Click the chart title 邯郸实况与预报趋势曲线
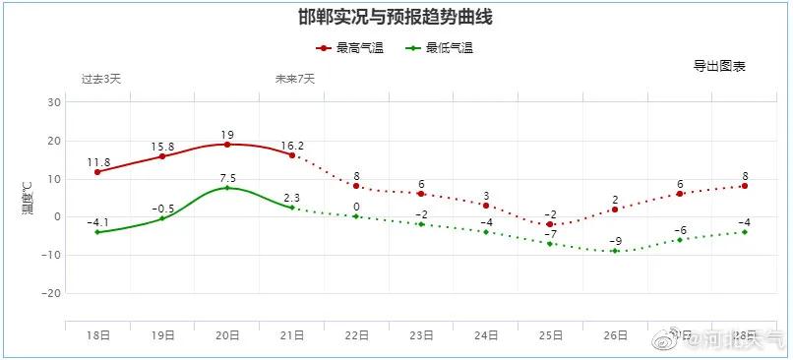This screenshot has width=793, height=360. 395,17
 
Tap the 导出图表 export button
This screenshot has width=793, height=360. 719,67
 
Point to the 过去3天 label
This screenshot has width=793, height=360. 100,79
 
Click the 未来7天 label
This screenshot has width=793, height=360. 294,79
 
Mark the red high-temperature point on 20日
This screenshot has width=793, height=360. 227,145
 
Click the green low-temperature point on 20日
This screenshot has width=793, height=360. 227,188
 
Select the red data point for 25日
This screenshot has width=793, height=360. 551,224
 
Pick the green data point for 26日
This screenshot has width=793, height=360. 615,251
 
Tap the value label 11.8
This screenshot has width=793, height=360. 98,162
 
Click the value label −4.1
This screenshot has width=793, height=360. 97,222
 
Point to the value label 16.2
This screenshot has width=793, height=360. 292,145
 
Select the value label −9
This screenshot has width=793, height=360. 615,241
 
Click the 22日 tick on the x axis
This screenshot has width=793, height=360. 357,335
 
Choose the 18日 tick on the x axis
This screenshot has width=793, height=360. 97,335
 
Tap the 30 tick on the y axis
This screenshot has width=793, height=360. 55,102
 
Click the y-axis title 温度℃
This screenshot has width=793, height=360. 29,197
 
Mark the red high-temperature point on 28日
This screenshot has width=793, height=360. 745,186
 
